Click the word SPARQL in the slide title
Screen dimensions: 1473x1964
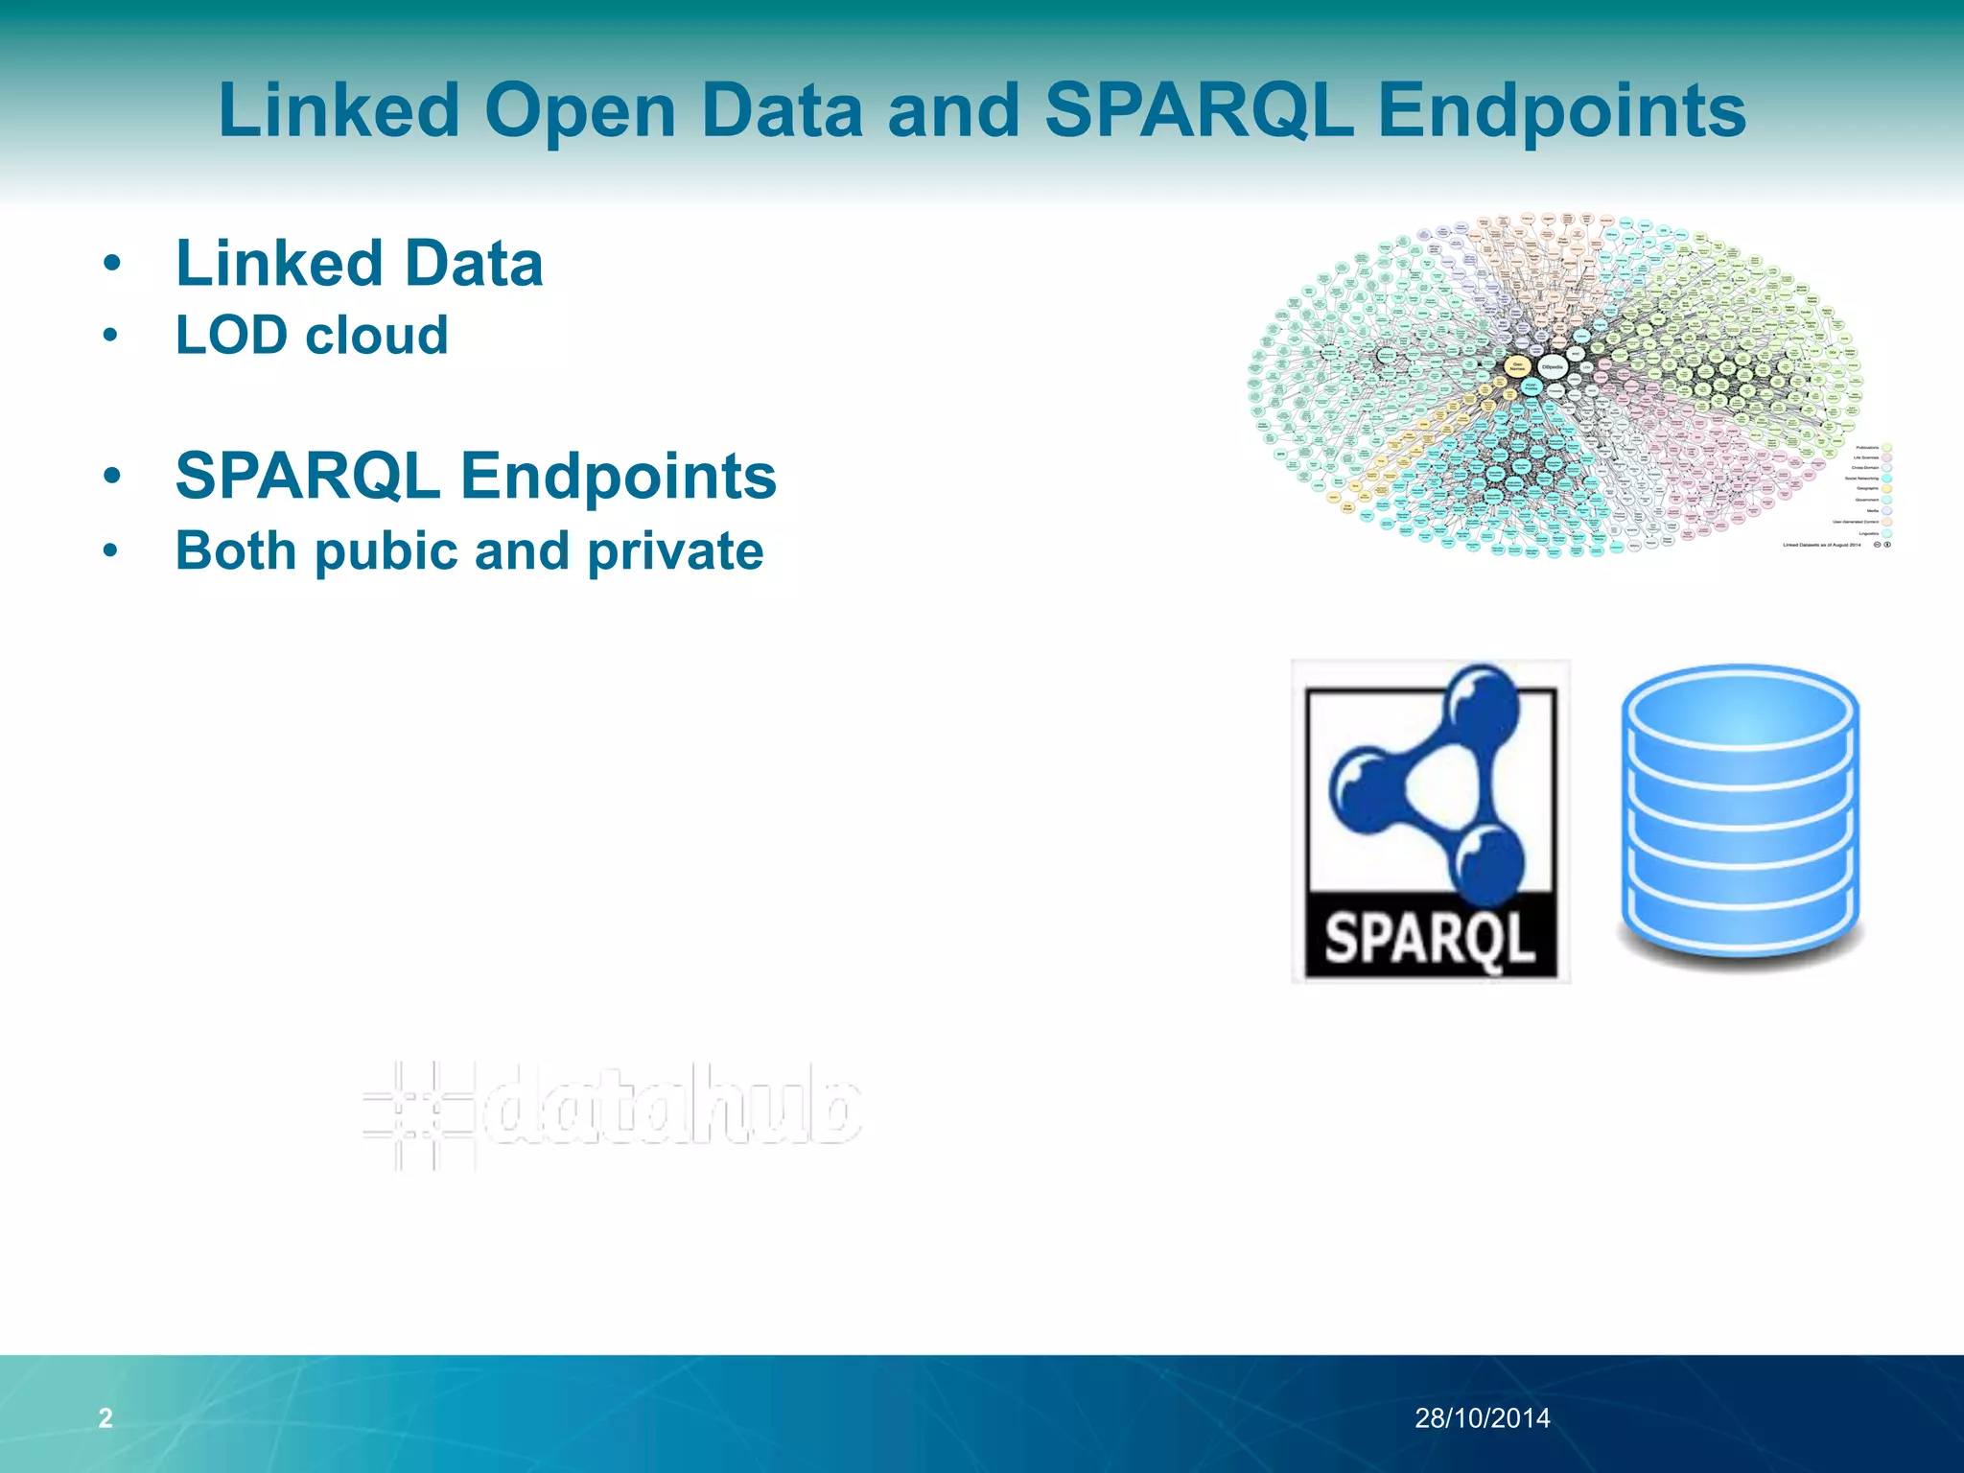(1199, 111)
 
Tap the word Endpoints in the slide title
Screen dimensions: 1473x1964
(1562, 111)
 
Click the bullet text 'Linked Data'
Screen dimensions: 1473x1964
(359, 264)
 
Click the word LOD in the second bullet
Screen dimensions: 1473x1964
(231, 336)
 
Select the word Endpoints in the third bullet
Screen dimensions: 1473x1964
(619, 476)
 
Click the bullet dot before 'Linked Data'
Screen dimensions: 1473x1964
(112, 263)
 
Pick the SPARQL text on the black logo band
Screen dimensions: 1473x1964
(1429, 938)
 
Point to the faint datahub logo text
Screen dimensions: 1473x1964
(671, 1106)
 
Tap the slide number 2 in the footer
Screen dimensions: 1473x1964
(105, 1417)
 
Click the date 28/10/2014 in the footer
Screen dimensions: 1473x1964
(1482, 1417)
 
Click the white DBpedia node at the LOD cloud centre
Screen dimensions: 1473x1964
(1552, 366)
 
